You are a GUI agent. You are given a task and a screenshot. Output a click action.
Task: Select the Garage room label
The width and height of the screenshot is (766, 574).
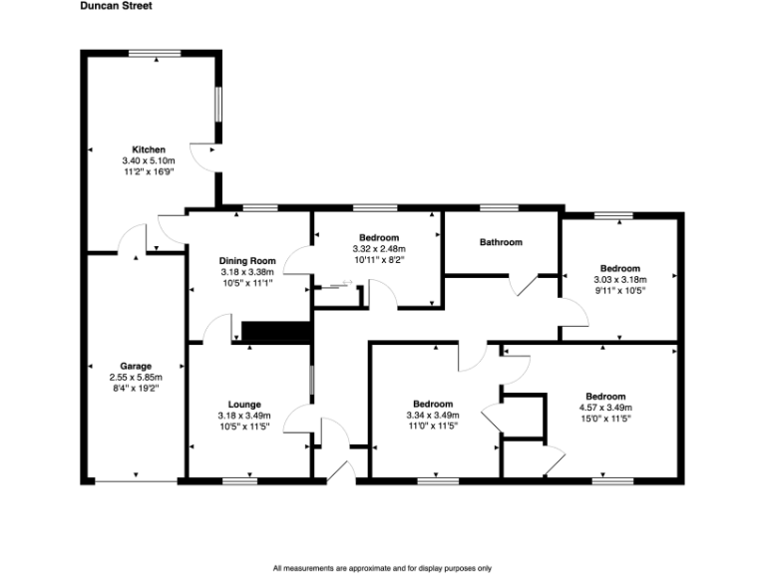click(136, 366)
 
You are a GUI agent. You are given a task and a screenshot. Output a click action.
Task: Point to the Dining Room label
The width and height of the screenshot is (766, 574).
click(247, 261)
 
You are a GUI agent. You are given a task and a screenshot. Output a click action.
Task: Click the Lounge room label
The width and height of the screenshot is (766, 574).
click(244, 404)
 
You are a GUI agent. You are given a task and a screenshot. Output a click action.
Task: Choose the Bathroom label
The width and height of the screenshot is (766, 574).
click(501, 242)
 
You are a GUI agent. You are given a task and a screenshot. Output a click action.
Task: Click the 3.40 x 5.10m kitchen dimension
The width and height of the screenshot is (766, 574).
click(149, 160)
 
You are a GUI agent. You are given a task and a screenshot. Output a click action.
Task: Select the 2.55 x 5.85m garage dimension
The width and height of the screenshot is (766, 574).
click(136, 378)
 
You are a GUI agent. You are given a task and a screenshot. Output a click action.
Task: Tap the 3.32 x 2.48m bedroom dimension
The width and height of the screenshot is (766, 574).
click(379, 248)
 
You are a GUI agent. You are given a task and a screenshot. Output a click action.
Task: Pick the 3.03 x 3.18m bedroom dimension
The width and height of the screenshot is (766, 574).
click(619, 280)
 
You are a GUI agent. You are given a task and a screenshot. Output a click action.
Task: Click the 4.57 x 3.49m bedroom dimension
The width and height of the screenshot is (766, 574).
click(605, 408)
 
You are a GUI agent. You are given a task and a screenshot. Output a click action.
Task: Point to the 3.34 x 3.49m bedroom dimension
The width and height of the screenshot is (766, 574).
click(433, 416)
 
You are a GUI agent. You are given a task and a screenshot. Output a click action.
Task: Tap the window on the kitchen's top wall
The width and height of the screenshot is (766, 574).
click(160, 51)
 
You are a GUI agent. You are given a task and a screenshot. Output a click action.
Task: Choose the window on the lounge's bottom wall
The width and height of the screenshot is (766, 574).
click(238, 482)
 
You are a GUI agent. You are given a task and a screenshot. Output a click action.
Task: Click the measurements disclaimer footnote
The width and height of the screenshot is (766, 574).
click(382, 568)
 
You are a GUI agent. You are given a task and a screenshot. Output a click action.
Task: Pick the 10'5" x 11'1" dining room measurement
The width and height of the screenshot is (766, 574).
click(247, 283)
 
